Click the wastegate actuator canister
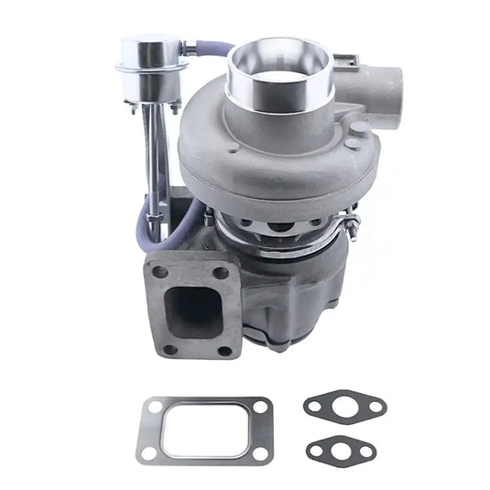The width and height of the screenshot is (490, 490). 152,55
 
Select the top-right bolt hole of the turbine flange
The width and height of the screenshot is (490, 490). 221,271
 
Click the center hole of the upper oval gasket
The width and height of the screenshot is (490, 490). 344,406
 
